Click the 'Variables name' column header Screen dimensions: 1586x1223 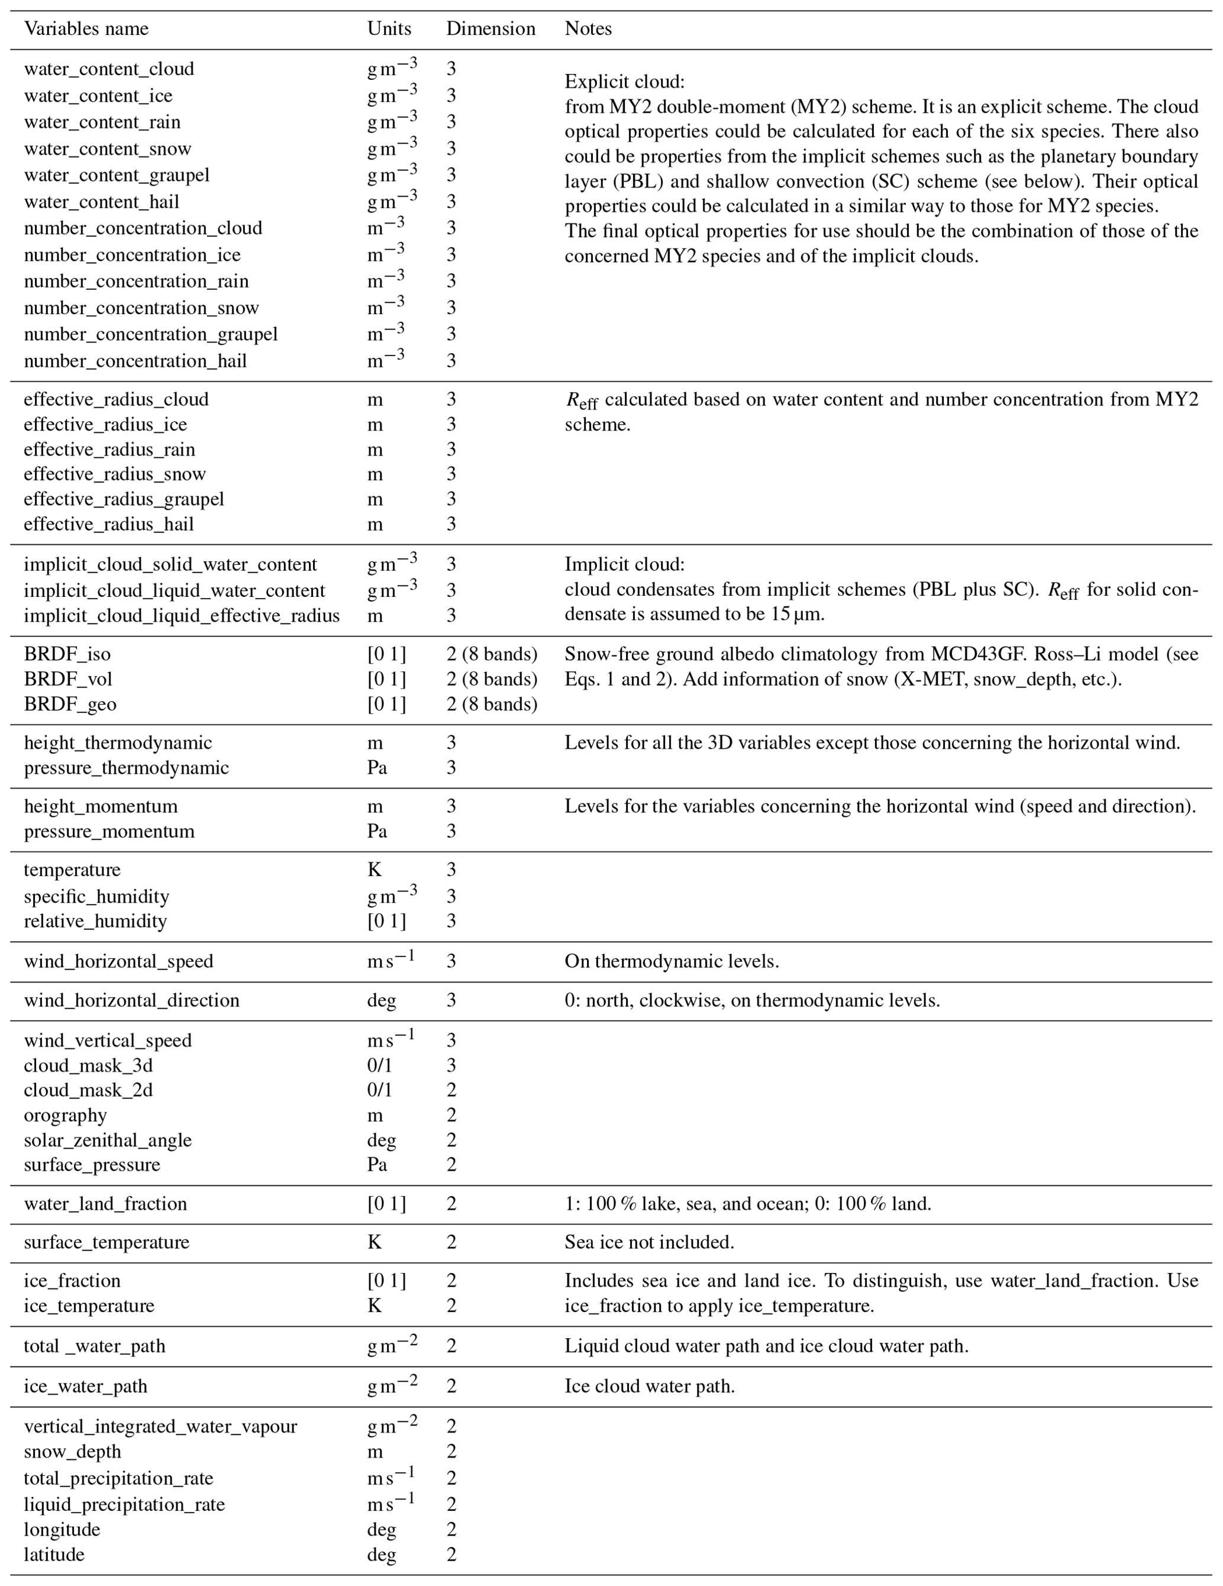86,29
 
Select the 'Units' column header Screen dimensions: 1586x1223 389,29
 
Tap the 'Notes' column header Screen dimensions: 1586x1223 588,29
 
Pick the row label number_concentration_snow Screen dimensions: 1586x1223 141,308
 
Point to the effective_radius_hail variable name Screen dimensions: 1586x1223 108,524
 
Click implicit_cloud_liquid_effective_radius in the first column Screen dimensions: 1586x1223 181,616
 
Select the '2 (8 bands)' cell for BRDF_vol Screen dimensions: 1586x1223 491,679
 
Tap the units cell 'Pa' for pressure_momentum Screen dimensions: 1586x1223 377,832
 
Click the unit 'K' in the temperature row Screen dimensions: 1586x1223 374,870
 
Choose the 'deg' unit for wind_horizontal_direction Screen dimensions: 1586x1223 381,1001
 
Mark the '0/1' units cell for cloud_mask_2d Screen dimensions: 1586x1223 379,1090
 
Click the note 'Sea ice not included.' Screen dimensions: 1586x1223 648,1242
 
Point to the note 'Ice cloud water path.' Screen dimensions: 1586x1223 649,1386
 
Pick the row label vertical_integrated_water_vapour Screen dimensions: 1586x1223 160,1427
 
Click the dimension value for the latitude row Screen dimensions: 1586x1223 451,1555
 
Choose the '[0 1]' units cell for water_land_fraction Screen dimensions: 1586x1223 386,1204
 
